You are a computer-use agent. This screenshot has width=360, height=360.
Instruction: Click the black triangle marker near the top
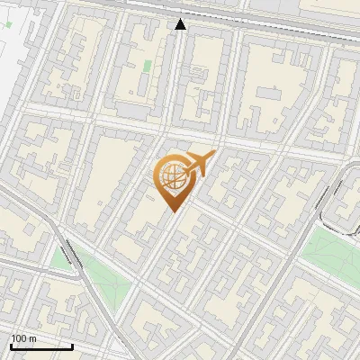click(x=181, y=24)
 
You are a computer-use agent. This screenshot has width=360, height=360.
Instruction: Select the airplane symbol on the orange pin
click(x=199, y=165)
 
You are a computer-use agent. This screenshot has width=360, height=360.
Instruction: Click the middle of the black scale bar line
click(x=41, y=346)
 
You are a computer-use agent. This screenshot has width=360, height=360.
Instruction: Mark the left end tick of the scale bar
click(x=11, y=345)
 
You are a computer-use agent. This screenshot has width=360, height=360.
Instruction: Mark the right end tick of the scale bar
click(x=72, y=345)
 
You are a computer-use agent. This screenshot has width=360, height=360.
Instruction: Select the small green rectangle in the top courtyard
click(x=148, y=66)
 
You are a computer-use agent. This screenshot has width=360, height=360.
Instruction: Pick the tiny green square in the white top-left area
click(x=7, y=25)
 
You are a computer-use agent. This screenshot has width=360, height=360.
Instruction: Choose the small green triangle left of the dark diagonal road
click(x=61, y=261)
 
